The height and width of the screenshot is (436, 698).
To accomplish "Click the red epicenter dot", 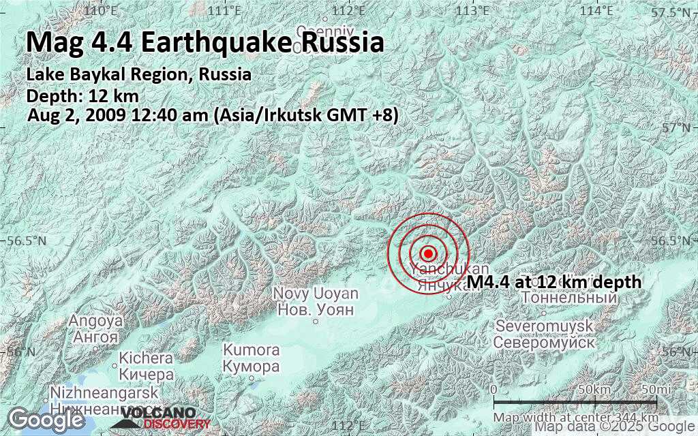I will click(428, 253).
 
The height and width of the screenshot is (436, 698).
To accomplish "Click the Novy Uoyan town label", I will click(315, 294).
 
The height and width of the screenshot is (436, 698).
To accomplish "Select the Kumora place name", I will click(252, 350).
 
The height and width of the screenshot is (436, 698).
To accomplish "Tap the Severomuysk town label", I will click(545, 326).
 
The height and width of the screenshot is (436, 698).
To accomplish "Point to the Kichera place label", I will click(146, 358).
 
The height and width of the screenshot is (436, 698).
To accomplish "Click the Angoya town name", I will click(95, 321).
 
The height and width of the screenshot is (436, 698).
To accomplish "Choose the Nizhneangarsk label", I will click(104, 394).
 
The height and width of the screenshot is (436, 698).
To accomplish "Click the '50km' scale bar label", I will click(592, 389).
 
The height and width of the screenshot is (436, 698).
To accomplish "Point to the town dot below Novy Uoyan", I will click(315, 321).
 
